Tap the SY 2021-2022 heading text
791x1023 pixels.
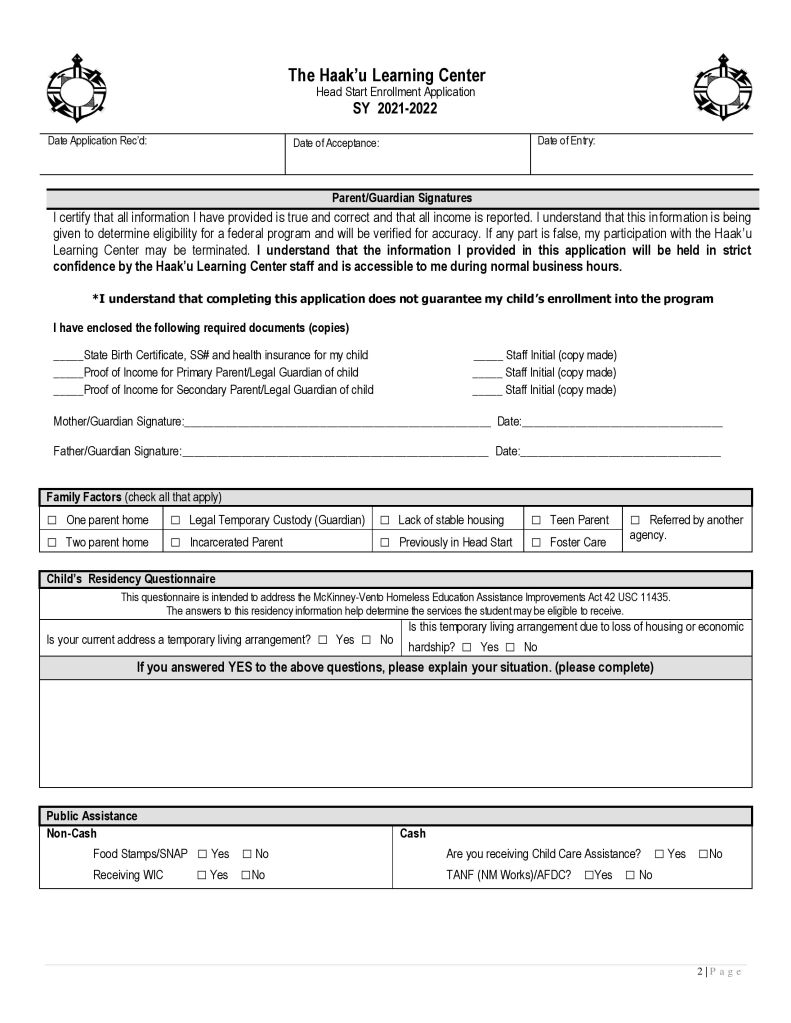[386, 108]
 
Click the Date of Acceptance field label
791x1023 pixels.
[336, 143]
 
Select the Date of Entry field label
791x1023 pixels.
[566, 141]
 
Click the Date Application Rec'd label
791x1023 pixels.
[97, 141]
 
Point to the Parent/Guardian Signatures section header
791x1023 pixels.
[401, 198]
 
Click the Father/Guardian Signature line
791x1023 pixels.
[335, 452]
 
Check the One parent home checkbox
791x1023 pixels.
[52, 521]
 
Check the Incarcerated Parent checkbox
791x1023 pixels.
[175, 543]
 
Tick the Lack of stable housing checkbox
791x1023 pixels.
[385, 521]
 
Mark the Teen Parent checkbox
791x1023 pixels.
[536, 521]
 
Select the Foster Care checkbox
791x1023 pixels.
[536, 543]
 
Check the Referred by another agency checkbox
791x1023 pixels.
[635, 520]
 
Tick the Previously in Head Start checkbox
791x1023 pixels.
[385, 543]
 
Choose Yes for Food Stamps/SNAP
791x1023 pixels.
[202, 854]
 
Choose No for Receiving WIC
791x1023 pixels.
[246, 876]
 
